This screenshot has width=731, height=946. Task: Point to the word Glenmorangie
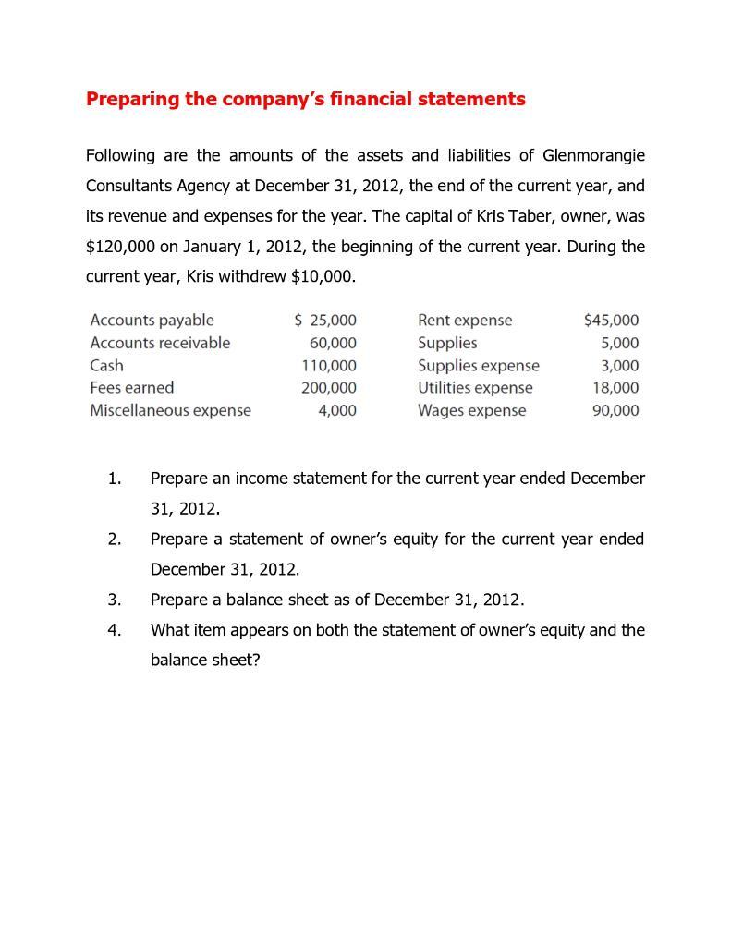tap(593, 155)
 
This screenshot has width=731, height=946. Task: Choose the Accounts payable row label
tap(152, 321)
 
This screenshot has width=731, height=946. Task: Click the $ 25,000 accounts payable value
tap(325, 321)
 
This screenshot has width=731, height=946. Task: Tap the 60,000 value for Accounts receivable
tap(333, 343)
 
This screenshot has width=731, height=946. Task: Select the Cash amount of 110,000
tap(329, 366)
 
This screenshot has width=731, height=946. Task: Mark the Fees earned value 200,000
tap(329, 388)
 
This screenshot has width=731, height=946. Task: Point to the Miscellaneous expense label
tap(170, 410)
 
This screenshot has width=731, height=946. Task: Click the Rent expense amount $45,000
tap(611, 321)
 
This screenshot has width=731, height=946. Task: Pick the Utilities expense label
tap(475, 388)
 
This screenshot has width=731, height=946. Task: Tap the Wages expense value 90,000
tap(615, 410)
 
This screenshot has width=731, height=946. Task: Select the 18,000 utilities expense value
tap(615, 388)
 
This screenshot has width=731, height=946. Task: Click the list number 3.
tap(114, 600)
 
